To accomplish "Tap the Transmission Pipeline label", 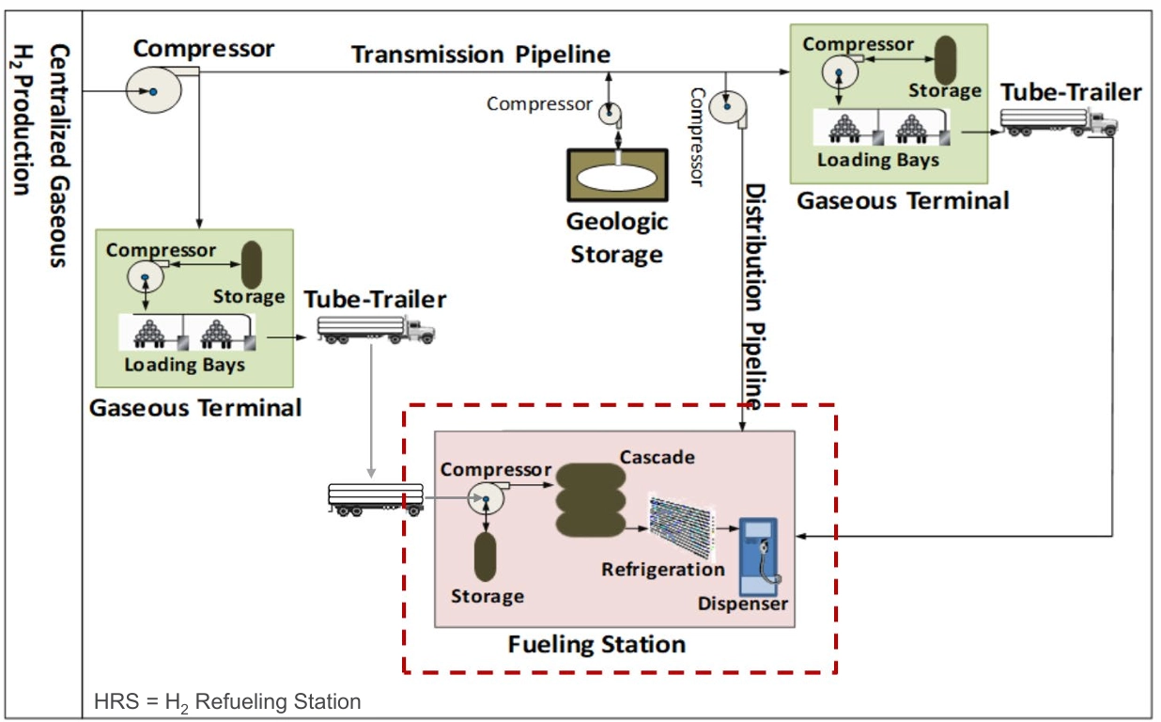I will [481, 55].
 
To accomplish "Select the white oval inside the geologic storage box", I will [617, 176].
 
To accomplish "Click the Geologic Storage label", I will [617, 238].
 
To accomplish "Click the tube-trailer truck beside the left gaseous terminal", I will [376, 328].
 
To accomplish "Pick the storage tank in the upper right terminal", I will [944, 58].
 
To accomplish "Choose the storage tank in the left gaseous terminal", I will [251, 265].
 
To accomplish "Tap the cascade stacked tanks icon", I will [589, 499].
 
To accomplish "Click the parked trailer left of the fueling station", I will [375, 497].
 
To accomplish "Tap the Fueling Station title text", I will [596, 645].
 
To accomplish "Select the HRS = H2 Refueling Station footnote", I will [227, 701].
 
